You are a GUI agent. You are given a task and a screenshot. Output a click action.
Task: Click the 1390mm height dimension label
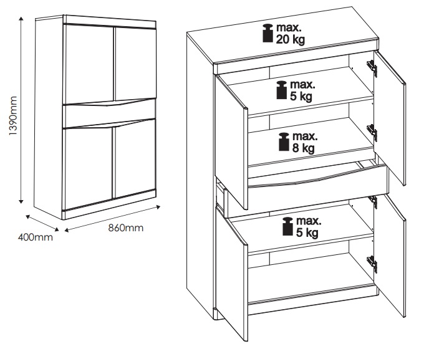pos(13,116)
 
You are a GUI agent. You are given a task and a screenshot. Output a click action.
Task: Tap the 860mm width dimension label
pos(126,228)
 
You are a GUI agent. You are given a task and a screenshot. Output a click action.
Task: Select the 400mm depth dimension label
pos(36,237)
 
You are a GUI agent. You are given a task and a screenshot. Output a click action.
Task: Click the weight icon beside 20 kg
pos(268,33)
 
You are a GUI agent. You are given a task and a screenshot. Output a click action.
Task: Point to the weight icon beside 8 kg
pos(284,142)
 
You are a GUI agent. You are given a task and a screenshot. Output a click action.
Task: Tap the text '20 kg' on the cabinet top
pos(291,40)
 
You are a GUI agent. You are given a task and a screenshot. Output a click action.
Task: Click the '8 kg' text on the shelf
pos(304,148)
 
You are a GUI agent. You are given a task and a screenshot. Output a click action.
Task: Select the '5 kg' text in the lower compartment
pos(307,232)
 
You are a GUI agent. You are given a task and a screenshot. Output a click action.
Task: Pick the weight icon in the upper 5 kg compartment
pos(282,90)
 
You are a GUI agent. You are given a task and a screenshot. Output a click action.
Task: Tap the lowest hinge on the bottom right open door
pos(372,264)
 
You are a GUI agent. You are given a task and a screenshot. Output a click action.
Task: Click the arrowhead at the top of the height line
pos(21,19)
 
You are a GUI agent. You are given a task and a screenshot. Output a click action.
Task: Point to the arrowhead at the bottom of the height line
pos(21,201)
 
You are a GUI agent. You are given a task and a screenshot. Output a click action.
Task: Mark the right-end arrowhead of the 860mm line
pos(158,207)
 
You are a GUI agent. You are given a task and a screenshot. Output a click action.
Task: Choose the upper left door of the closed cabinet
pos(89,64)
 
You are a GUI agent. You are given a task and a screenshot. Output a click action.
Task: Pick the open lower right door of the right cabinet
pos(390,255)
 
